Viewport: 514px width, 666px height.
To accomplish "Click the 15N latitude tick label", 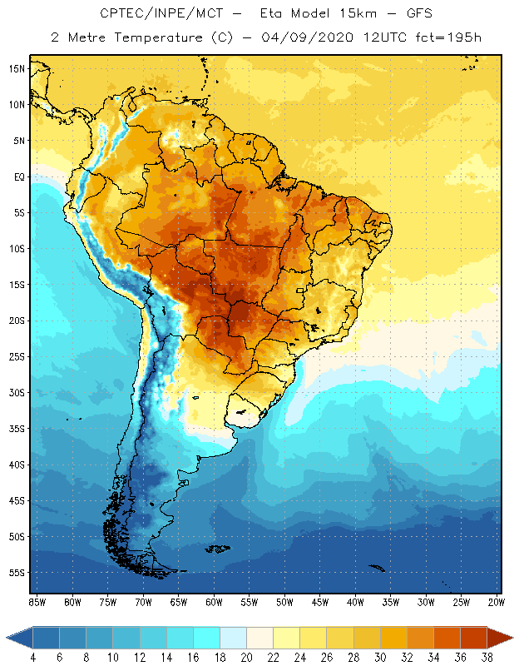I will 17,68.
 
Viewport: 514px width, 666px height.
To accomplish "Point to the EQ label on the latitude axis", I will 18,176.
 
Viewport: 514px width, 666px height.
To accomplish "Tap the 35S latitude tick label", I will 17,428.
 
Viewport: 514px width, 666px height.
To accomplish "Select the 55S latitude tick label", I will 17,572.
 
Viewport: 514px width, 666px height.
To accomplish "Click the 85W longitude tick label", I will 37,601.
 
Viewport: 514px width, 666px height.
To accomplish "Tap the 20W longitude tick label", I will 496,601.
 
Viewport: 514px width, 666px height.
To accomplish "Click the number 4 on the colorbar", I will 33,658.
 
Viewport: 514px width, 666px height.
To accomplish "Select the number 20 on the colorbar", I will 246,658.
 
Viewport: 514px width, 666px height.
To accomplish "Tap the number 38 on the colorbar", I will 486,658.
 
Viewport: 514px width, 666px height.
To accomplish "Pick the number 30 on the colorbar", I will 379,658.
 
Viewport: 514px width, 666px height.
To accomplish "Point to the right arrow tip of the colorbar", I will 511,638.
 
